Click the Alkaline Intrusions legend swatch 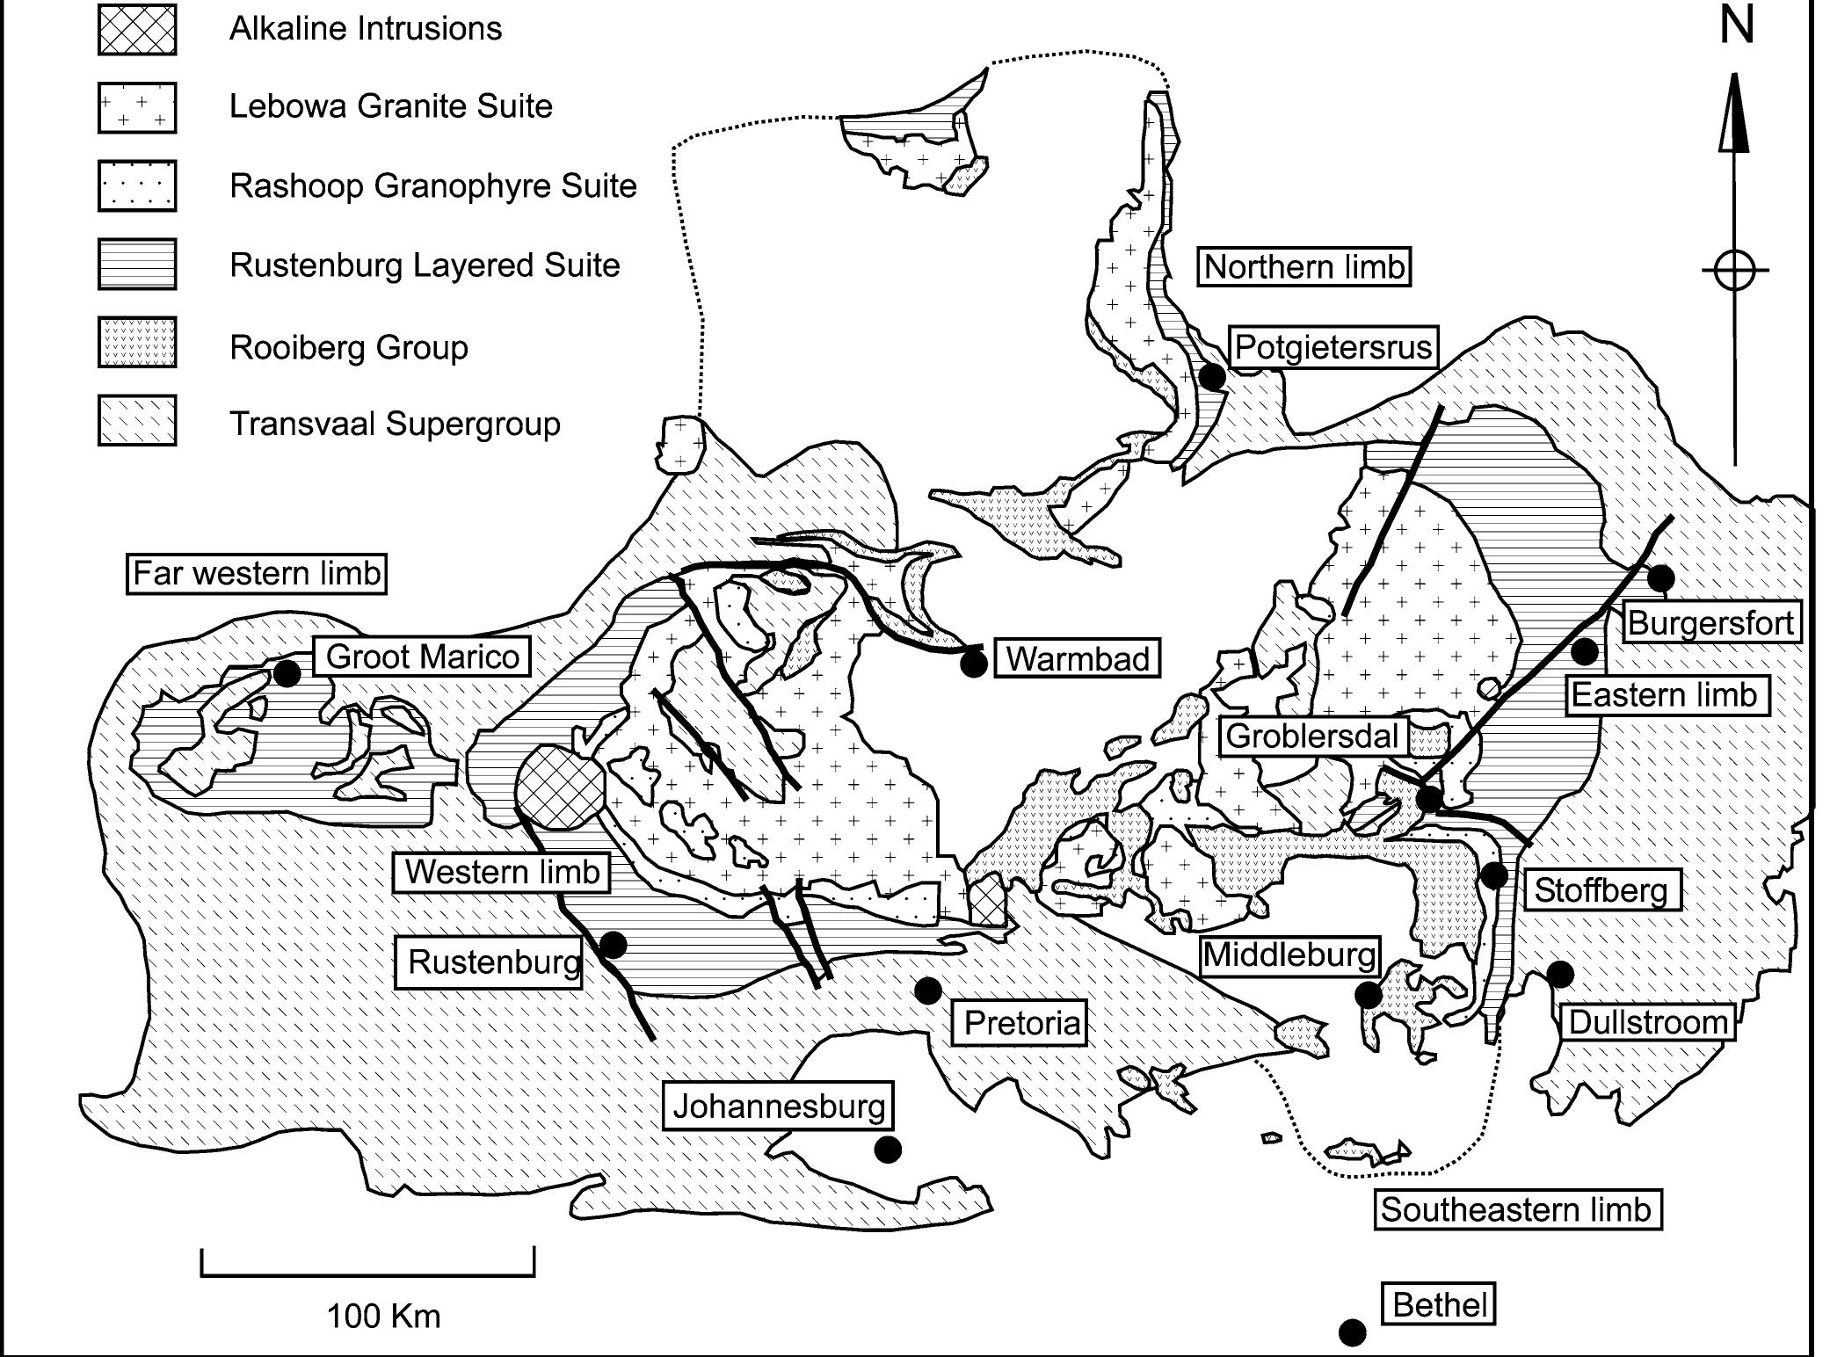tap(137, 29)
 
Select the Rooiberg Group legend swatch tap(137, 343)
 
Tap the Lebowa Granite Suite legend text tap(390, 106)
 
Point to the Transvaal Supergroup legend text tap(395, 424)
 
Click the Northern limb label tap(1304, 266)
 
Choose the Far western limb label tap(257, 574)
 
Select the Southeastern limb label tap(1516, 1209)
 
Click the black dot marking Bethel tap(1352, 1332)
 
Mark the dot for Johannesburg tap(888, 1149)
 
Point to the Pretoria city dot tap(928, 991)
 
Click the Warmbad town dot tap(973, 664)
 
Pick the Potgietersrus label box tap(1333, 347)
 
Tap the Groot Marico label tap(422, 657)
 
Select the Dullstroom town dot tap(1560, 975)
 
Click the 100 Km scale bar tap(367, 1273)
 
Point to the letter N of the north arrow tap(1737, 25)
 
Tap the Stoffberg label tap(1601, 890)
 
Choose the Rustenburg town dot tap(613, 945)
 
